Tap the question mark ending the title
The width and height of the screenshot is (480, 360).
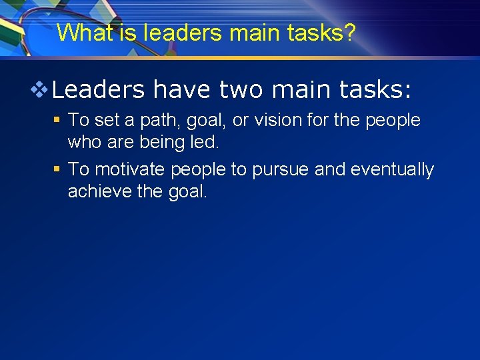[349, 33]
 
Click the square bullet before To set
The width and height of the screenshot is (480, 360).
[57, 120]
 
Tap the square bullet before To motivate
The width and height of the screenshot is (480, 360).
[57, 169]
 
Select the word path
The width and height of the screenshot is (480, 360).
[155, 121]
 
